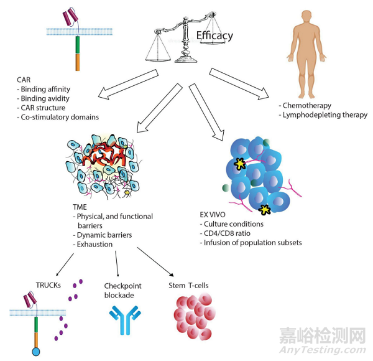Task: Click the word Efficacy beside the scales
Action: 214,35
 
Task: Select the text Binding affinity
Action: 47,90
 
